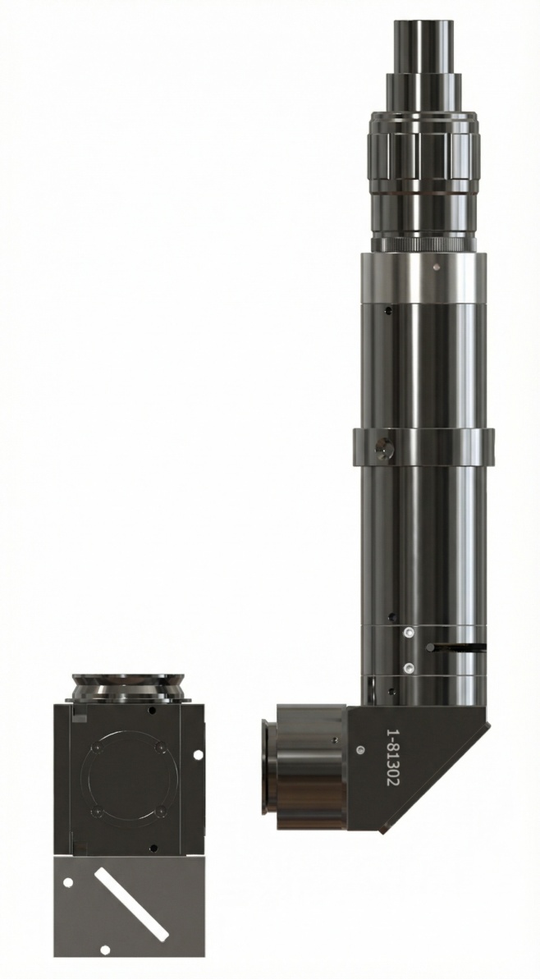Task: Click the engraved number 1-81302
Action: [x=393, y=757]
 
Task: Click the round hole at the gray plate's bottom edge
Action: [x=105, y=949]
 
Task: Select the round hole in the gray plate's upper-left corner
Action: [x=68, y=882]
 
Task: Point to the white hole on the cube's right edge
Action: [x=198, y=755]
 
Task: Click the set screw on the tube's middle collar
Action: [x=383, y=448]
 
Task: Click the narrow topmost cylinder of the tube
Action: [x=423, y=48]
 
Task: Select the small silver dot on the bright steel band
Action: [x=437, y=267]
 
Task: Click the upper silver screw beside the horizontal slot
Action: [x=409, y=633]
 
